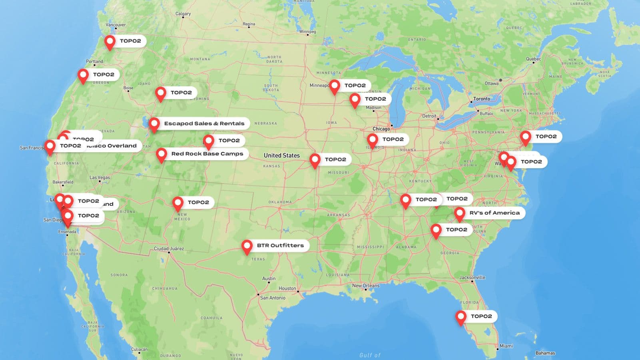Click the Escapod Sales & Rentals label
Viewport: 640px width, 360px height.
[204, 123]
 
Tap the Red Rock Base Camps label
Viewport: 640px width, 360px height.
[207, 154]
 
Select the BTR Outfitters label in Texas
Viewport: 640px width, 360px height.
[280, 245]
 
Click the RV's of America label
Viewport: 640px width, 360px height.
[494, 213]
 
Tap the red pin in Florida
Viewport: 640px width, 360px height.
[461, 317]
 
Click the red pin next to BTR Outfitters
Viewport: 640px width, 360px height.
[247, 246]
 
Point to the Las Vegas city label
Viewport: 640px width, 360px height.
[100, 177]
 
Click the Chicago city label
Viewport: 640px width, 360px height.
[381, 129]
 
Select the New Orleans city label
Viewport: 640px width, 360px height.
[365, 286]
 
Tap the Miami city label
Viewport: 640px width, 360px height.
[506, 346]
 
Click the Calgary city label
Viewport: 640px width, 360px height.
[183, 14]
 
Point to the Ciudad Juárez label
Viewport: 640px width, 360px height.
[169, 249]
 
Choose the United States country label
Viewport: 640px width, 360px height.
[281, 155]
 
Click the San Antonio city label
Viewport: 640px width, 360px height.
[273, 298]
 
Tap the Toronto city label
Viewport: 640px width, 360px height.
[481, 99]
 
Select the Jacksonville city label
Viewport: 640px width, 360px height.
[472, 277]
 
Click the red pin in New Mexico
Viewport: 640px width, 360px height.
[178, 203]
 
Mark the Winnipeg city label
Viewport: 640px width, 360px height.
[307, 32]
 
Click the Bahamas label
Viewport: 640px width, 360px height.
[545, 353]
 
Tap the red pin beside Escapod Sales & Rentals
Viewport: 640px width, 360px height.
[154, 124]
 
